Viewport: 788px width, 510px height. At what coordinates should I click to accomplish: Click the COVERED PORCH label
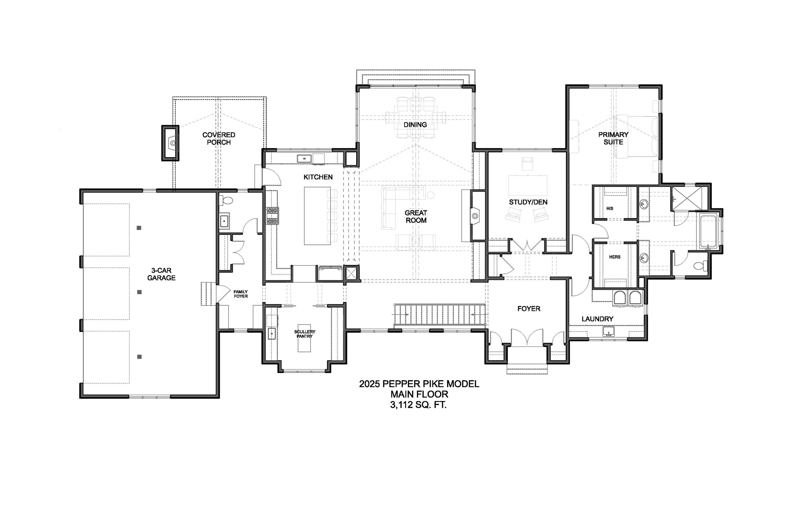(x=219, y=138)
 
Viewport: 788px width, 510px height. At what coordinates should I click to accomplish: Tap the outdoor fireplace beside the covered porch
(x=170, y=143)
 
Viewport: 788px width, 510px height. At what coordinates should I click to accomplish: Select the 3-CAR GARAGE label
(x=161, y=274)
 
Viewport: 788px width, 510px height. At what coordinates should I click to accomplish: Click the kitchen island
(x=317, y=216)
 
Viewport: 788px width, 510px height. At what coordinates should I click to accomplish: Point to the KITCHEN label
(x=318, y=177)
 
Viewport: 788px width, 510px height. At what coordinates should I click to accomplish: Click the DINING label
(x=415, y=125)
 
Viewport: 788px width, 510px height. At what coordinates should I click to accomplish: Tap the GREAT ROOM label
(x=416, y=217)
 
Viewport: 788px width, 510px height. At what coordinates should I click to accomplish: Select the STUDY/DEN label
(x=528, y=202)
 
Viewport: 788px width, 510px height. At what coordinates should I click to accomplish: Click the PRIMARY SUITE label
(x=613, y=138)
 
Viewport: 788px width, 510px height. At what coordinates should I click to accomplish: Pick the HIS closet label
(x=610, y=209)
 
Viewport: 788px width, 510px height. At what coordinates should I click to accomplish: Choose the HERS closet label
(x=615, y=257)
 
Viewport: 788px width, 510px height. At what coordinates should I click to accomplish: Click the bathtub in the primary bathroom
(x=709, y=231)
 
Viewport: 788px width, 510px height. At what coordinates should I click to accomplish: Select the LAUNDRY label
(x=597, y=319)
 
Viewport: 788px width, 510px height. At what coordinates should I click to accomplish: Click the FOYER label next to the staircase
(x=529, y=309)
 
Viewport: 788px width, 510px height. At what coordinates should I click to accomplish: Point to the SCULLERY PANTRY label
(x=304, y=334)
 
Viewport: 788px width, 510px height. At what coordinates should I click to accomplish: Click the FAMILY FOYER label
(x=241, y=294)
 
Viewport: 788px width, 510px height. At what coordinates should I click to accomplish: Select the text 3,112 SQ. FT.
(x=418, y=405)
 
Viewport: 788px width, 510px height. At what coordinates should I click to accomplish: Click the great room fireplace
(x=475, y=216)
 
